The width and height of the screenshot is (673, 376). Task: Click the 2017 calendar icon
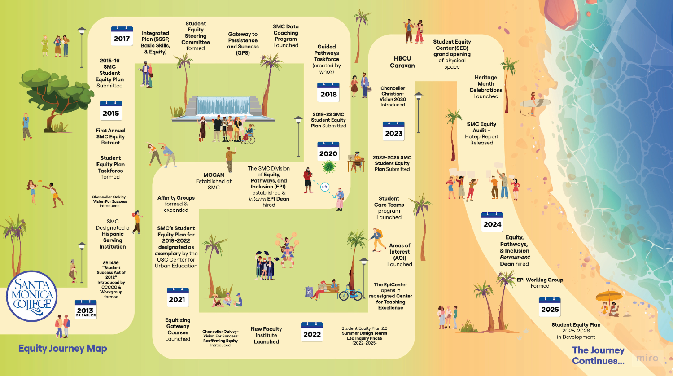(x=122, y=36)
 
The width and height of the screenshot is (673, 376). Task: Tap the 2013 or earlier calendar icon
(x=86, y=309)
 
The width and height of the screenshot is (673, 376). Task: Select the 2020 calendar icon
(x=328, y=151)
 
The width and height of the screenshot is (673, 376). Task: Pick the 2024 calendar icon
(x=492, y=222)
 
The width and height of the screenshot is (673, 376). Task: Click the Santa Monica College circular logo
(x=31, y=296)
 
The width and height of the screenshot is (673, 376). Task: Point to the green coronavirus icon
(x=329, y=166)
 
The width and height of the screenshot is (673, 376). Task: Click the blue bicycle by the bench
(x=350, y=293)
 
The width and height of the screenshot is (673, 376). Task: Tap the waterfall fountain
(x=223, y=108)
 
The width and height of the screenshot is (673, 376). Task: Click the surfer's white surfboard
(x=535, y=103)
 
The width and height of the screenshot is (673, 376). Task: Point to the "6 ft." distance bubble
(x=325, y=187)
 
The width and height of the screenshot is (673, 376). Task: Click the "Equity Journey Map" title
(x=62, y=348)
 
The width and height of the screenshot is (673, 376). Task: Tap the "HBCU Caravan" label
(x=402, y=62)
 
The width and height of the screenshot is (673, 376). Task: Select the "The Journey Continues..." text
(x=598, y=355)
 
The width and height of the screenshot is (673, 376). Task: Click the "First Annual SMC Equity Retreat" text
(x=110, y=136)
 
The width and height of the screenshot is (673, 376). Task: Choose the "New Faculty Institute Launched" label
(x=266, y=335)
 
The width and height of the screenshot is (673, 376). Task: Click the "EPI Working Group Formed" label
(x=540, y=283)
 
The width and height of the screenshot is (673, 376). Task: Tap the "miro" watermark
(x=647, y=358)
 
